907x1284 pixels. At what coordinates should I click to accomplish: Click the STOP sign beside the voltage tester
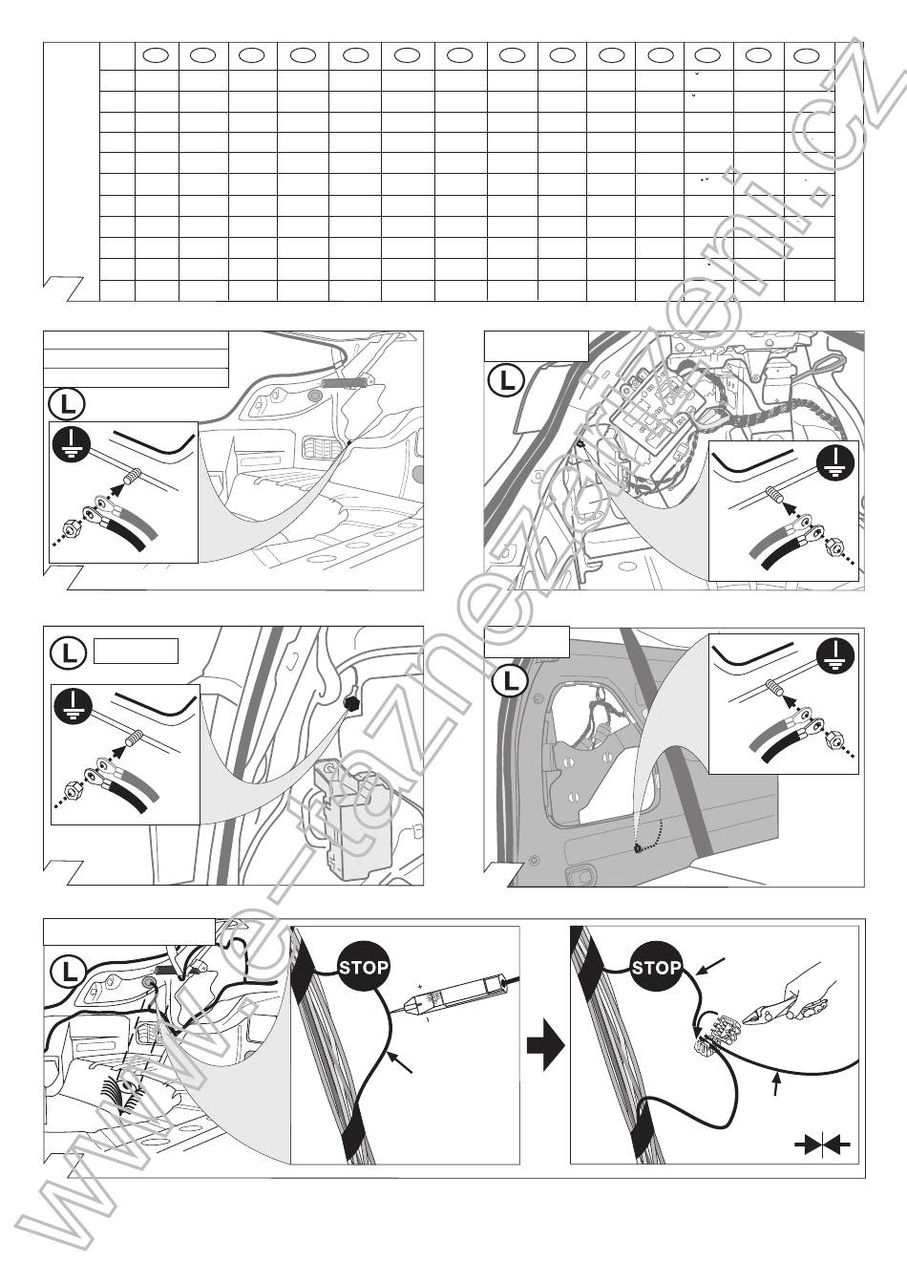[364, 967]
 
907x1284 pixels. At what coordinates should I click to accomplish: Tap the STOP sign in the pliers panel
[656, 967]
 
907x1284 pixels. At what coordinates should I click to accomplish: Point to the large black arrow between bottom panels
[545, 1044]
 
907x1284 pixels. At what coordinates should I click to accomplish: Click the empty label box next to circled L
[136, 652]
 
